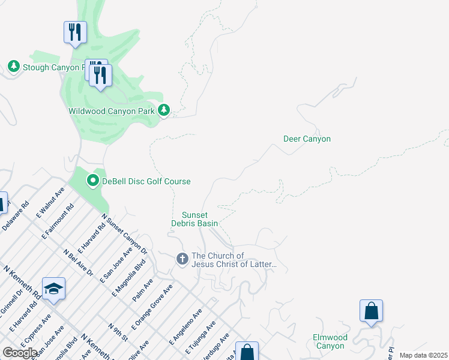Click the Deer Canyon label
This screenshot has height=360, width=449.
(307, 139)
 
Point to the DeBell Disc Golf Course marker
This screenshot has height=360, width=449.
(93, 180)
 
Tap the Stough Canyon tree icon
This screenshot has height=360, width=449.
(13, 66)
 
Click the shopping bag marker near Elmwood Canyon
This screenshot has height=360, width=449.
(371, 312)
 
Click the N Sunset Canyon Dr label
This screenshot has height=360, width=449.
(124, 233)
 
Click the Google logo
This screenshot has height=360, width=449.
(20, 353)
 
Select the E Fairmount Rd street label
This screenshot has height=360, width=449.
(58, 221)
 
